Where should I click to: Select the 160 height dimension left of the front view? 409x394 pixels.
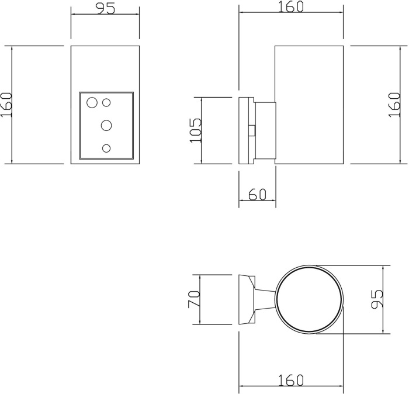(6, 105)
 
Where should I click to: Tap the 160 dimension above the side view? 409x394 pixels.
(290, 6)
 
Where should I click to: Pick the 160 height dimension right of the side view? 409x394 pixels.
(394, 105)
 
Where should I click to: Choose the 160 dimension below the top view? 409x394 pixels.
(290, 380)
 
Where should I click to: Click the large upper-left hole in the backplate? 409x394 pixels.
(92, 103)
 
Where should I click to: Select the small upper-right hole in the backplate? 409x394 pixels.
(107, 103)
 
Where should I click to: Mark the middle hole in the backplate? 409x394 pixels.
(107, 125)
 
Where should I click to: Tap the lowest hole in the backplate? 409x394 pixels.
(106, 148)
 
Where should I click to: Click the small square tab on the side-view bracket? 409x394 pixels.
(252, 130)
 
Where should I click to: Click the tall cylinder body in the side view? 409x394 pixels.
(309, 105)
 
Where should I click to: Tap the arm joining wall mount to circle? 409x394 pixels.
(266, 299)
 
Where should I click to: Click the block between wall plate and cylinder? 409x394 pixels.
(264, 130)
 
